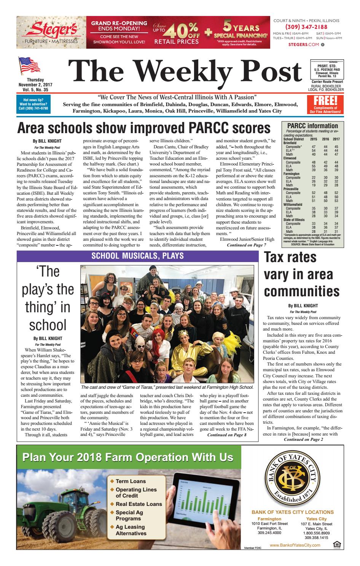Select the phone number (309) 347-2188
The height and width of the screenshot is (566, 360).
(x=306, y=27)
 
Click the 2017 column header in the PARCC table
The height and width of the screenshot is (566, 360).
(x=336, y=139)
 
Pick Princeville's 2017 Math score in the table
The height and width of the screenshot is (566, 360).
(x=336, y=201)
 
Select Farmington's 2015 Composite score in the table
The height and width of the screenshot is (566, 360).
(x=314, y=178)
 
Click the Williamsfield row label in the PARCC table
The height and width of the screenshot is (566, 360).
(x=293, y=205)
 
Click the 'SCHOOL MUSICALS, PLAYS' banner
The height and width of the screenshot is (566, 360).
(x=138, y=256)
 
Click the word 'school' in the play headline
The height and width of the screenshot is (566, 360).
(x=48, y=325)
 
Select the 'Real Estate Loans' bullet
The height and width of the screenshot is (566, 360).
(x=139, y=504)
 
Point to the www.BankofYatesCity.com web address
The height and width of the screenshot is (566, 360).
(x=295, y=545)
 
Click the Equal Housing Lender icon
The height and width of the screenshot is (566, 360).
(x=336, y=545)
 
